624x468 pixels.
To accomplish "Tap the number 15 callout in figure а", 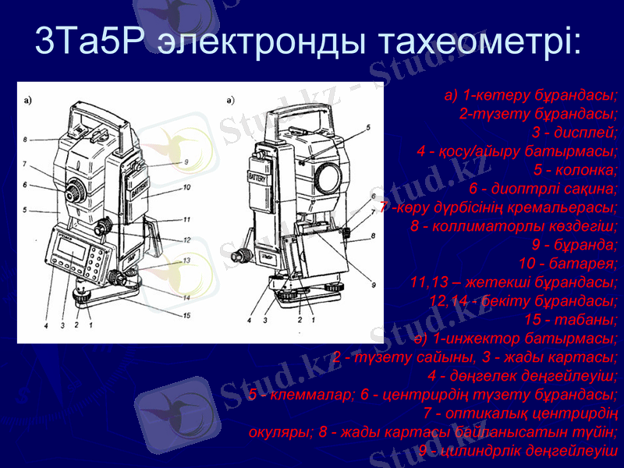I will click(x=187, y=315).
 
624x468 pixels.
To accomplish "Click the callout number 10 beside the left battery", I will click(x=187, y=187).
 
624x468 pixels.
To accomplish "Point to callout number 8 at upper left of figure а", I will click(x=25, y=140).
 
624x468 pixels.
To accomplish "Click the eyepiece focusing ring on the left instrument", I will click(x=75, y=188).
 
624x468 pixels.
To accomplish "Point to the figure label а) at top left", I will click(x=28, y=100).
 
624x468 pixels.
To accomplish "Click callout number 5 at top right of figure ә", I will click(x=368, y=126).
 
